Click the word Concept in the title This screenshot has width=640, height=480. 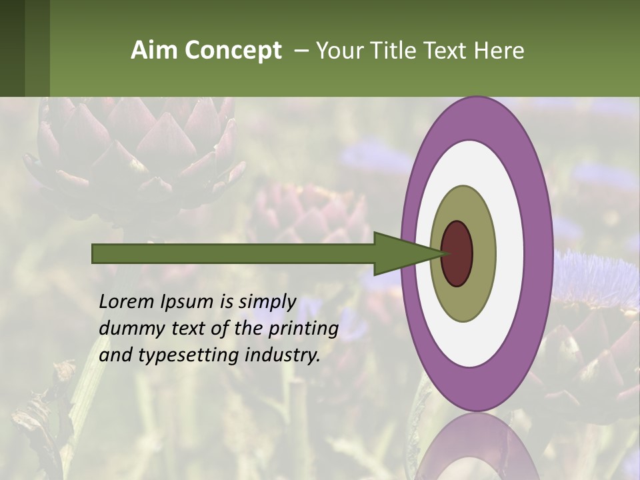click(234, 51)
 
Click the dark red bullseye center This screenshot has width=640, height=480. click(457, 254)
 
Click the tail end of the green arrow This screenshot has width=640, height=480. click(94, 253)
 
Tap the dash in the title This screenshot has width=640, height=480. click(301, 51)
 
